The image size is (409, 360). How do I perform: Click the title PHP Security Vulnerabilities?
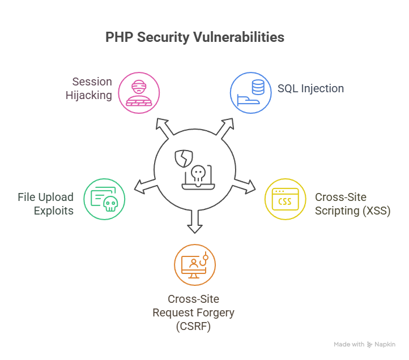tap(195, 37)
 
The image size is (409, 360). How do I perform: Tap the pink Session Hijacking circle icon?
tap(139, 92)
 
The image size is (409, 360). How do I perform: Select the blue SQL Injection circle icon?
tap(250, 92)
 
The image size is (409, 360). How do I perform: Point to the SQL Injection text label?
tap(310, 88)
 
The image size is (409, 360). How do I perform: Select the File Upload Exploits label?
tap(45, 204)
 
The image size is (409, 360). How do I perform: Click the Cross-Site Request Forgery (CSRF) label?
tap(193, 312)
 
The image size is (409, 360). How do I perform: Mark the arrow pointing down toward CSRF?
tap(195, 223)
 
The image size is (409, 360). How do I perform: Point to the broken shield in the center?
tap(182, 158)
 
